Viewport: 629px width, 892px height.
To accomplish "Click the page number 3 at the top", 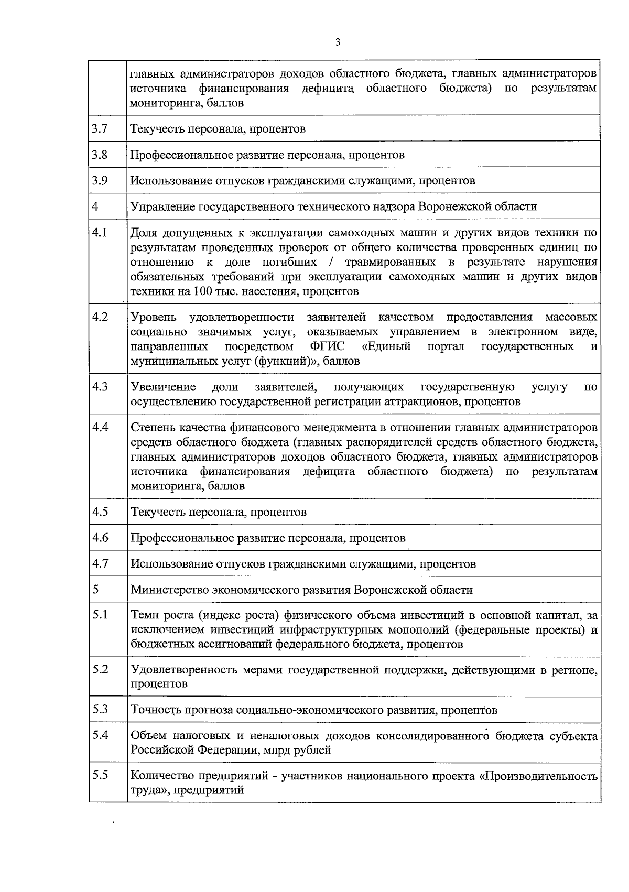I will coord(338,42).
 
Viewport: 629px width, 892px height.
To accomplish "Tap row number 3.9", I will coord(100,180).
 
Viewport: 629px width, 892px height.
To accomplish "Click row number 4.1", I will coord(100,232).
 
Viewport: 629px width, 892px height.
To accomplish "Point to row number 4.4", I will coord(100,427).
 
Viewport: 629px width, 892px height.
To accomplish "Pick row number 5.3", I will coord(100,709).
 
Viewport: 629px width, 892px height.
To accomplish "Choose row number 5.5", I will coord(100,775).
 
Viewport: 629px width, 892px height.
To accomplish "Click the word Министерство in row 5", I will coord(169,590).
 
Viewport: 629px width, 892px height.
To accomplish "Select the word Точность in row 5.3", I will coord(155,710).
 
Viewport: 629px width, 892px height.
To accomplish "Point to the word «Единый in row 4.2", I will coord(386,346).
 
